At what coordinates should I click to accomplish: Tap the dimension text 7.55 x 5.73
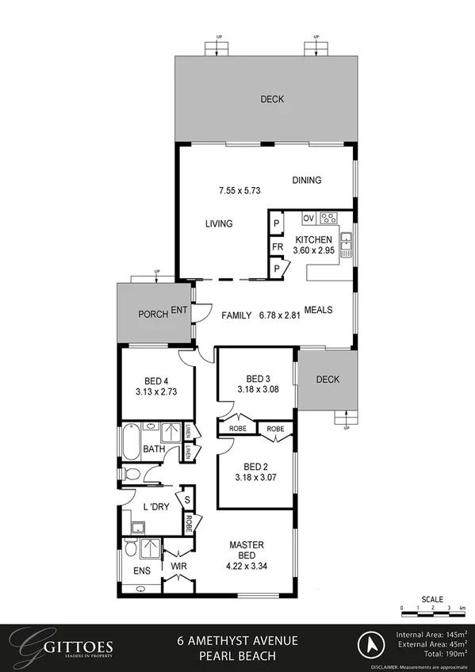click(239, 190)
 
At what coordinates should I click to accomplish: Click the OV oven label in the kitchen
click(308, 218)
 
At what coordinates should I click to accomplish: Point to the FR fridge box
click(277, 247)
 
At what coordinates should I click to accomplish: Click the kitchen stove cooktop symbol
click(329, 218)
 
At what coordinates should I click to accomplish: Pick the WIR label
click(178, 567)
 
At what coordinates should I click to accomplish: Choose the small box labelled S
click(186, 500)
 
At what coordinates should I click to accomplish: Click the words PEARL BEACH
click(237, 655)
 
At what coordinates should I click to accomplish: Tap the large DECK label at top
click(272, 99)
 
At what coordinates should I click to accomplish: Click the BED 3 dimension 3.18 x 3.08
click(259, 389)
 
